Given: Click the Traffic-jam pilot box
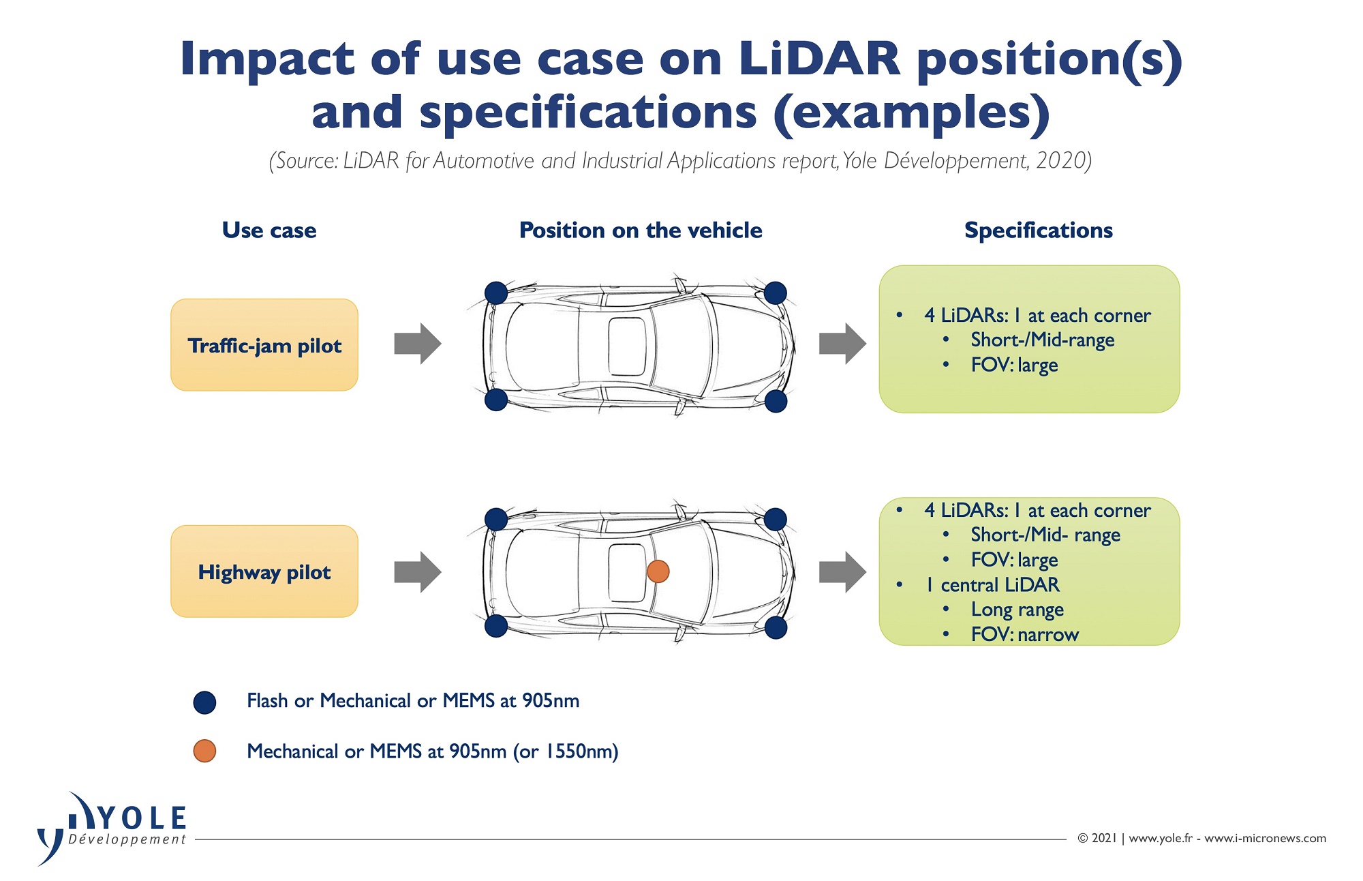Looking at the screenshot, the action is [x=264, y=345].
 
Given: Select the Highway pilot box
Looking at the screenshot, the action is [x=264, y=571].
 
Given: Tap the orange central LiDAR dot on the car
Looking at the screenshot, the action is [x=658, y=571].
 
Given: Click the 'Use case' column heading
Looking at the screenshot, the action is [x=269, y=230].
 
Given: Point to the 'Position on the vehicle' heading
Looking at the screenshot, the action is [x=641, y=230].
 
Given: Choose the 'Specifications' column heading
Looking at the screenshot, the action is [x=1039, y=230].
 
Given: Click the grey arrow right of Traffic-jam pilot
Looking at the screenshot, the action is [x=418, y=344].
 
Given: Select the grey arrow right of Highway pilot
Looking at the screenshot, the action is [x=418, y=572].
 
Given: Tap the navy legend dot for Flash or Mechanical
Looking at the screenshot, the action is [x=204, y=702].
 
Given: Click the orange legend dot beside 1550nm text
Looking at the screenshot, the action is [x=204, y=751].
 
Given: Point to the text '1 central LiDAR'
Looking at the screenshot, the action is [x=992, y=585].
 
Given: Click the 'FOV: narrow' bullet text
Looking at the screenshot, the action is [x=1025, y=635].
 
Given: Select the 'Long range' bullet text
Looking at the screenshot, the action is [x=1017, y=610].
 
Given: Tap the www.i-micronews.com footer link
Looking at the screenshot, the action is [x=1265, y=838].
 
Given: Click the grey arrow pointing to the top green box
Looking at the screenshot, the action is [x=843, y=344].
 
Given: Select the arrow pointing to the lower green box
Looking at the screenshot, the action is [x=843, y=572].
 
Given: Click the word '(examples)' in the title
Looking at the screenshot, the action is [x=912, y=113].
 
